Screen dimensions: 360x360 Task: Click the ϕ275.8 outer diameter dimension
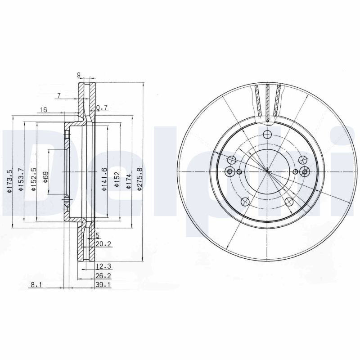139,179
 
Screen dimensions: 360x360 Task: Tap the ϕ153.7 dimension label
21,179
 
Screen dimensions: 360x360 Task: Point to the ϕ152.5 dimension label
34,179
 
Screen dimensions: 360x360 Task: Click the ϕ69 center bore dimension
45,177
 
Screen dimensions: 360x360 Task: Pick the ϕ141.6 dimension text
104,179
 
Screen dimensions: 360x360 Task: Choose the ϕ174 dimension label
129,181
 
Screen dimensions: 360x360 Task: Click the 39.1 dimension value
103,285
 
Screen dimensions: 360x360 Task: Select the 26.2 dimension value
103,275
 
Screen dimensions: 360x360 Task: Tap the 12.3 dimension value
103,266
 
